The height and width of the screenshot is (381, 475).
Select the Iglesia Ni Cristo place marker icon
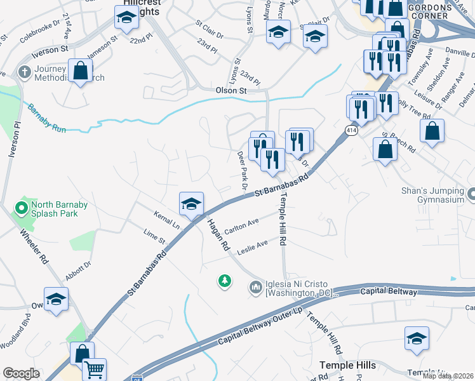coord(256,288)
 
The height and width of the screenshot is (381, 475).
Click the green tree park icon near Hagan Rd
coord(224,280)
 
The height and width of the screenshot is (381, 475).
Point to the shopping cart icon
coord(94,369)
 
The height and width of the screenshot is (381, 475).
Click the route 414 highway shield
coord(351,130)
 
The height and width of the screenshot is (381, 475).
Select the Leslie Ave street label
coord(253,247)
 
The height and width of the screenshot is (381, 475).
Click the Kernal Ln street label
coord(167,222)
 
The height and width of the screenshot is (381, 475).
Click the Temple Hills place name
coord(348,365)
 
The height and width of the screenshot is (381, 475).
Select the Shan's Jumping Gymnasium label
coord(433,194)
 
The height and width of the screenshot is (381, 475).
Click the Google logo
coord(21,373)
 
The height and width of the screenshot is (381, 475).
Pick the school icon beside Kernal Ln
coord(191,204)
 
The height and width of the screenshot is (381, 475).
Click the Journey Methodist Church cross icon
coord(25,71)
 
